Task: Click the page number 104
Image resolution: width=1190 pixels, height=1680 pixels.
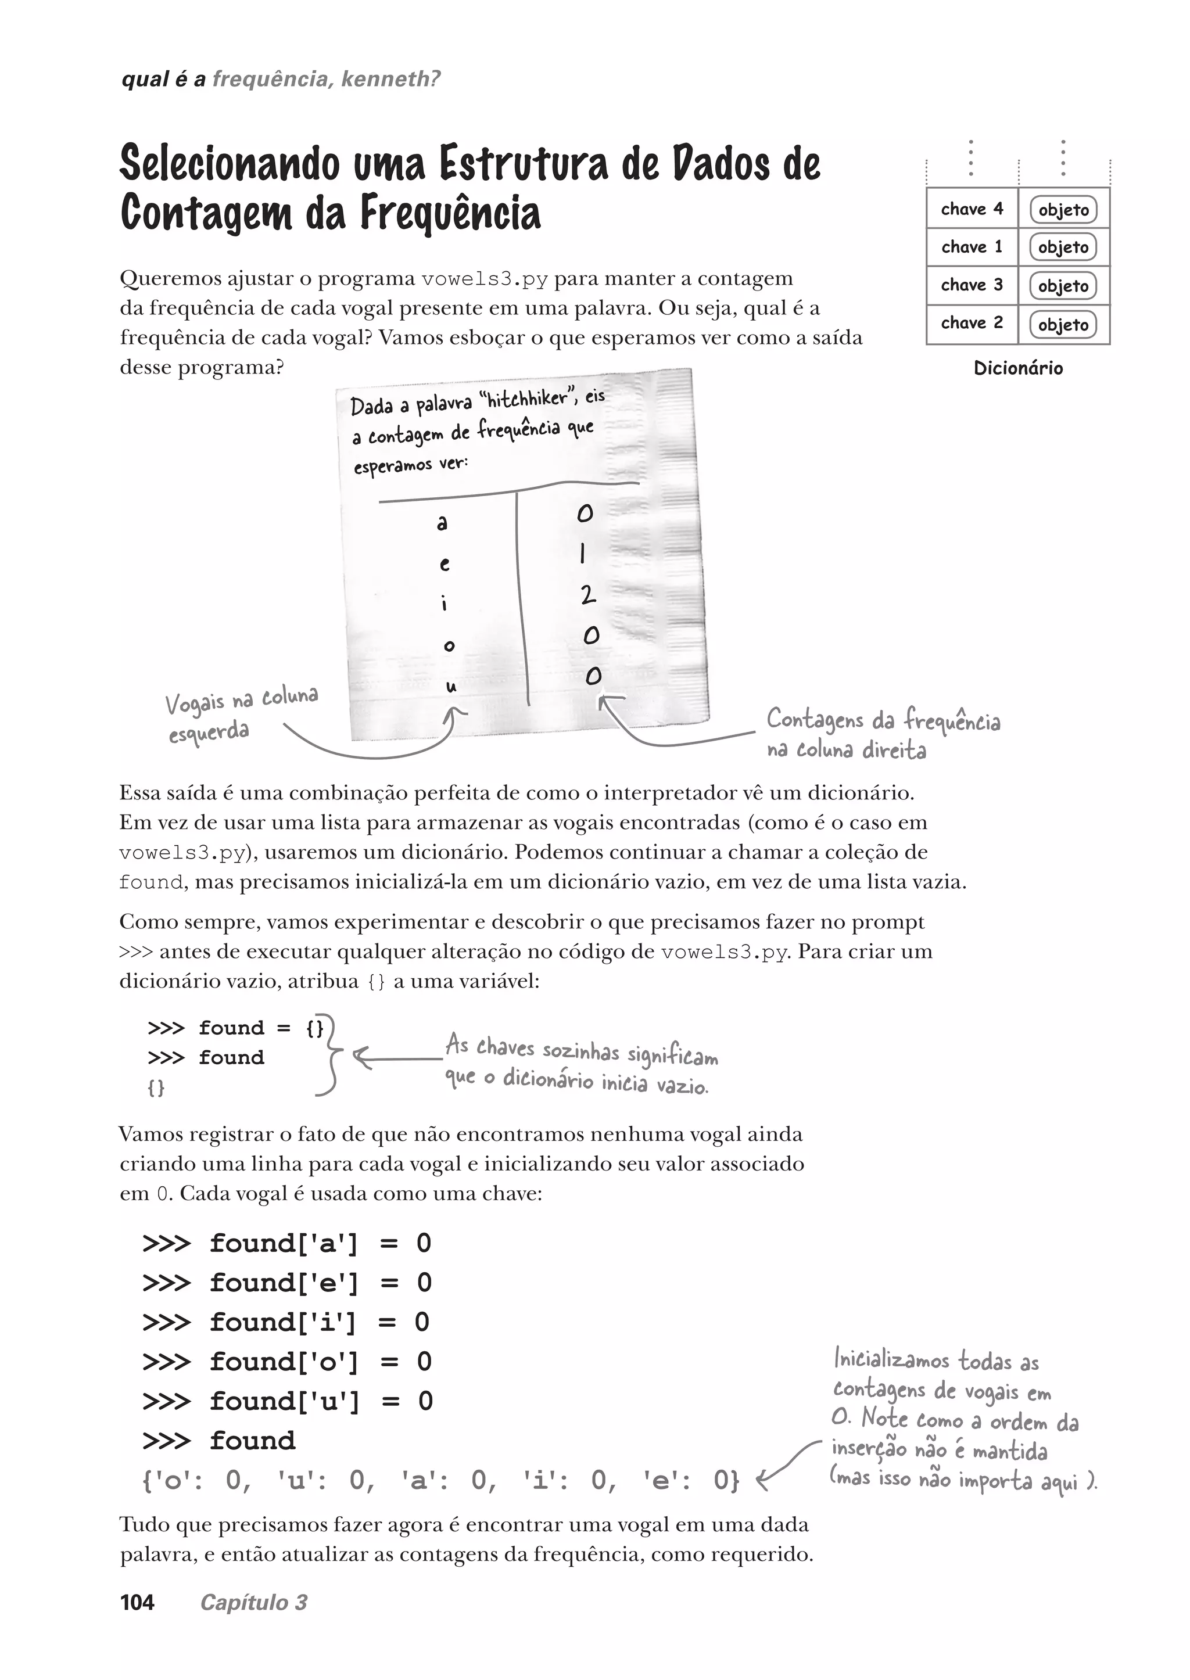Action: tap(137, 1602)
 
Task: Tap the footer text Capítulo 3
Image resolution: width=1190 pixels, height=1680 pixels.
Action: tap(253, 1602)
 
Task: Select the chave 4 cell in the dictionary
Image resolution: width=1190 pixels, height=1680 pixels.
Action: tap(972, 209)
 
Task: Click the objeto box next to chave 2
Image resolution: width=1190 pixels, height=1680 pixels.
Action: tap(1063, 325)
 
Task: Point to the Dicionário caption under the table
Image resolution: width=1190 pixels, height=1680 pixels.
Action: tap(1018, 368)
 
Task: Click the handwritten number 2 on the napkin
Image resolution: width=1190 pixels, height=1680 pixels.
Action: tap(587, 595)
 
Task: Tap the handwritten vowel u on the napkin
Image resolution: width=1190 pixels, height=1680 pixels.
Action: tap(451, 687)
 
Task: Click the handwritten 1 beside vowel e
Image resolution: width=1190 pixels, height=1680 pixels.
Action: tap(583, 553)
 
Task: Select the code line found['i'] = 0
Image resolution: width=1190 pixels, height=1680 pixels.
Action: tap(286, 1322)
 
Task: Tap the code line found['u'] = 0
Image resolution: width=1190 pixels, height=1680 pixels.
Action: tap(287, 1401)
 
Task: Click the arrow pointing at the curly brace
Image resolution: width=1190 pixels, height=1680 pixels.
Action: tap(396, 1058)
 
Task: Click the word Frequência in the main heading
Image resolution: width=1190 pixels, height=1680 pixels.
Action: tap(449, 213)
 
